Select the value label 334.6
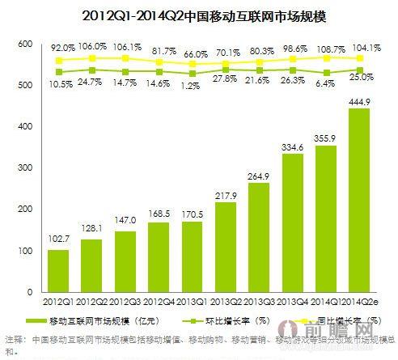[292, 146]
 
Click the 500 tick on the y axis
[24, 85]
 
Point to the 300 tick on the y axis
[24, 168]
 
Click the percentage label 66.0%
[193, 53]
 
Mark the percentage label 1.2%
[193, 85]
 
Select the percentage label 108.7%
[325, 49]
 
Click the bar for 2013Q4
[292, 222]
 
